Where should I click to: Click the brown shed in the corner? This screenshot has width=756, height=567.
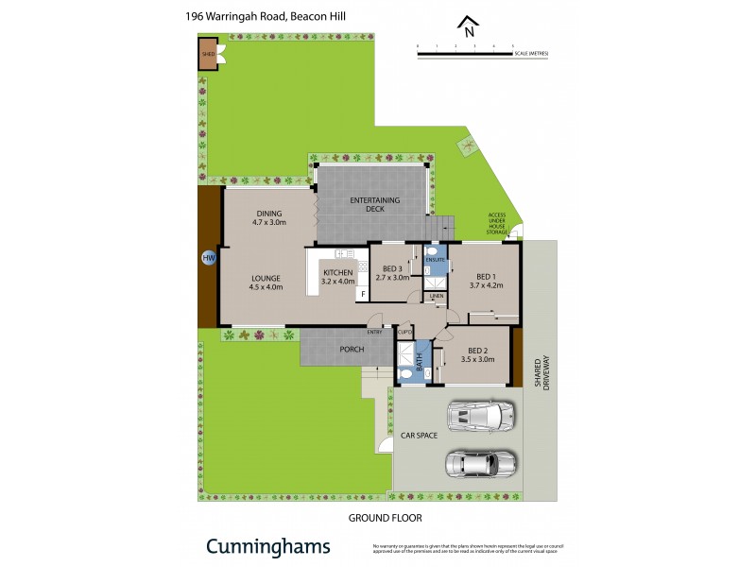[208, 54]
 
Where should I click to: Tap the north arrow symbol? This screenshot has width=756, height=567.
[465, 25]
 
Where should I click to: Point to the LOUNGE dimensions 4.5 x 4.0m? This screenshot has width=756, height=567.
[266, 286]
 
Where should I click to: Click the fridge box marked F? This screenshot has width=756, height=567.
[360, 294]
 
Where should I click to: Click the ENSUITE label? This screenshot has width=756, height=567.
[436, 258]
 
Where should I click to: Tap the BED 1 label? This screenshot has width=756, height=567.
[486, 276]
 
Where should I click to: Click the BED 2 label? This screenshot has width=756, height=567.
[477, 351]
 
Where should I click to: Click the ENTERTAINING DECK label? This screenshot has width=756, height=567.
[374, 204]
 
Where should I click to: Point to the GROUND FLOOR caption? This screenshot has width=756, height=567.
[385, 518]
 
